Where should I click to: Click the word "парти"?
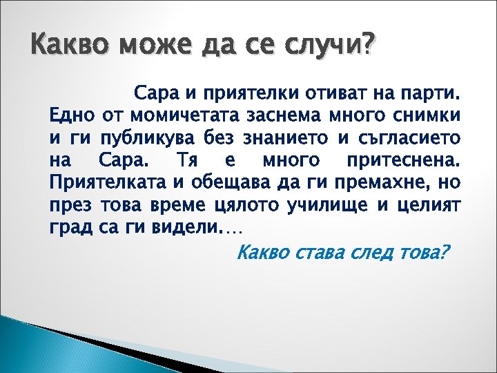[x=433, y=92]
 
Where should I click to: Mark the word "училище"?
[x=332, y=206]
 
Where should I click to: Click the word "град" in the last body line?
[x=68, y=229]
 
